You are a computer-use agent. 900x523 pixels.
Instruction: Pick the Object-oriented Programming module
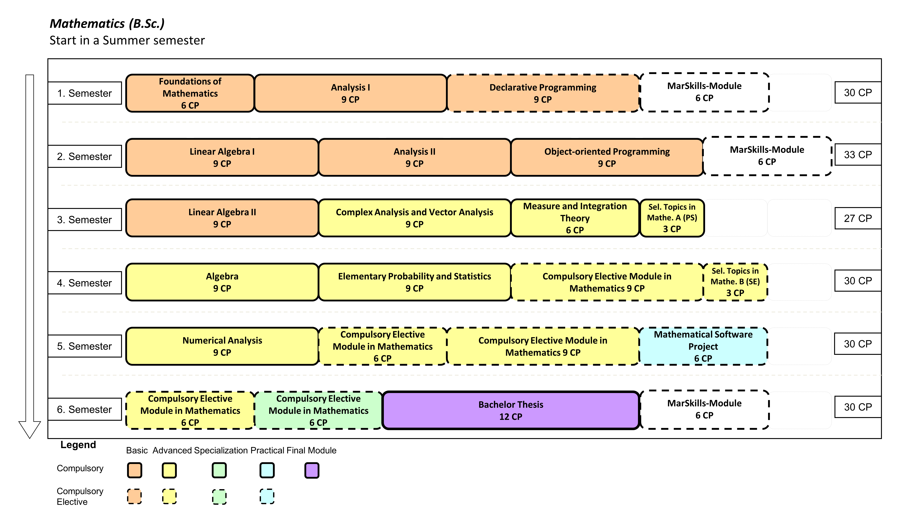(x=607, y=157)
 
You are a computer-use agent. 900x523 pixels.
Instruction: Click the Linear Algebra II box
(x=222, y=218)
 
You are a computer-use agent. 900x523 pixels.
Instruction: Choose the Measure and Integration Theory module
(x=575, y=218)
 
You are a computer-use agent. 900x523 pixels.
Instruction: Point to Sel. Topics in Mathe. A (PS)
(x=672, y=218)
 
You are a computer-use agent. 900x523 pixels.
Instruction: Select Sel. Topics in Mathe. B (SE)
(x=735, y=282)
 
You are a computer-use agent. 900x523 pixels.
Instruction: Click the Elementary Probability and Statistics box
(x=415, y=282)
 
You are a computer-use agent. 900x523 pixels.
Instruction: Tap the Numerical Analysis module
(x=222, y=346)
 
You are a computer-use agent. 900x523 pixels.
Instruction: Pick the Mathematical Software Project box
(x=703, y=346)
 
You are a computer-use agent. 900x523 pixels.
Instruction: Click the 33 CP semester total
(x=858, y=155)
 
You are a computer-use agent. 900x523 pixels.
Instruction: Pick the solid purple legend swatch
(x=312, y=470)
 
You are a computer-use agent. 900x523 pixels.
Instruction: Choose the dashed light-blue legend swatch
(x=267, y=496)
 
